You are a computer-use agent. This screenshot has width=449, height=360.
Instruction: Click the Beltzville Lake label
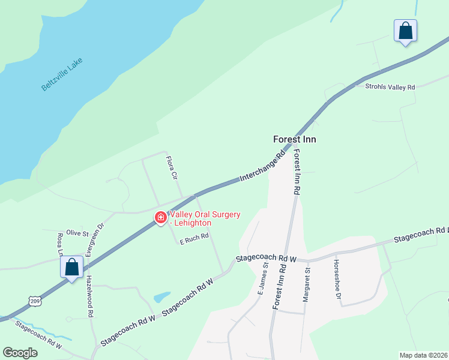tap(62, 74)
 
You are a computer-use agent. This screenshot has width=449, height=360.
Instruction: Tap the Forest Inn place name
tap(294, 139)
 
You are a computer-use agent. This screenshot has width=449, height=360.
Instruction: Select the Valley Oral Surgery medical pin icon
tap(161, 218)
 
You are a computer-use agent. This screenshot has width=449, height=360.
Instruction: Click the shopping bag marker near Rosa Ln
tap(71, 267)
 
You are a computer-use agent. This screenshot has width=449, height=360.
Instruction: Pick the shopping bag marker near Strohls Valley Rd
tap(405, 31)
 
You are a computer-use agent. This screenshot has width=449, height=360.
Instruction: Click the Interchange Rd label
tap(262, 169)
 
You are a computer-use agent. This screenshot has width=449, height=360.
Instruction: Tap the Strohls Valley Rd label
tap(390, 87)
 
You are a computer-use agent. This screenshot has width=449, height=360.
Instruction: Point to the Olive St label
tap(77, 232)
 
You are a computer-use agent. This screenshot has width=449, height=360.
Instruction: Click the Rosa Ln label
tap(60, 244)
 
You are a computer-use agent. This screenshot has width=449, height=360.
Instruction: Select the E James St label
tap(262, 280)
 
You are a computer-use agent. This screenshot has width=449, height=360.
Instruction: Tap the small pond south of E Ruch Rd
tap(161, 297)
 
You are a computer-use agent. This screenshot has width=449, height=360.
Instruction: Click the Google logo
tap(20, 353)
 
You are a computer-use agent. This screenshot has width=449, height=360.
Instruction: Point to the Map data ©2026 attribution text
tap(423, 355)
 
